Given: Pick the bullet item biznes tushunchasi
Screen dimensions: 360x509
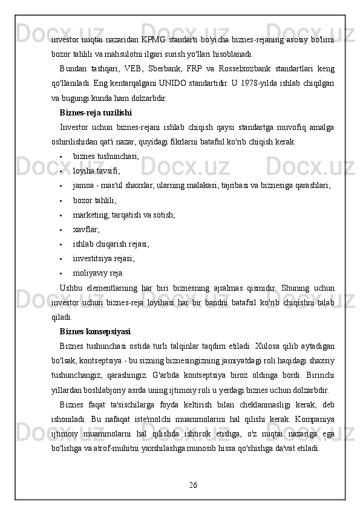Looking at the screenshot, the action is [x=106, y=156].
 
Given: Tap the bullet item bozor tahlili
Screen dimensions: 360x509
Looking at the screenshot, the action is [x=95, y=200].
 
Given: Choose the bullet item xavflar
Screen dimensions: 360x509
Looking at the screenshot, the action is [x=87, y=229].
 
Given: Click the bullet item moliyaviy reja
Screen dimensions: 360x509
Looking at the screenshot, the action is [x=98, y=273].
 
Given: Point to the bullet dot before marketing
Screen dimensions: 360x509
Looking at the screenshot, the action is [x=63, y=215].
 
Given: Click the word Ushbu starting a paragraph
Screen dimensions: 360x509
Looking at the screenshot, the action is [x=72, y=288].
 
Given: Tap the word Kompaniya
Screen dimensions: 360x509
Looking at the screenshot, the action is [x=313, y=420].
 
